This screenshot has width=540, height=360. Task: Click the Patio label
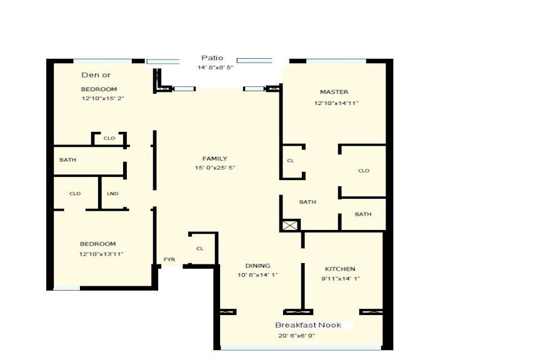[212, 58]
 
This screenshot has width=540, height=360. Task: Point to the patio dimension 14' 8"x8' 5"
[215, 67]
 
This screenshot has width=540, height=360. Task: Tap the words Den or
[96, 75]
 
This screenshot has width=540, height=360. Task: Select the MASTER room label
[334, 92]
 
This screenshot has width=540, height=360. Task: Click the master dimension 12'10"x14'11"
[336, 103]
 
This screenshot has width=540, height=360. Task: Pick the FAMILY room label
[214, 159]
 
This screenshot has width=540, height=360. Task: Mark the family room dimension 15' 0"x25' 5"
[215, 168]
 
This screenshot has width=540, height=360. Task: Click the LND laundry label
[112, 194]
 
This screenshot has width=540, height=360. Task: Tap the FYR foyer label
[169, 259]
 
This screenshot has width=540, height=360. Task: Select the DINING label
[257, 266]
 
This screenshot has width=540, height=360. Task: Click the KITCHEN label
[341, 269]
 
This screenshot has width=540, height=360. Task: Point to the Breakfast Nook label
[308, 325]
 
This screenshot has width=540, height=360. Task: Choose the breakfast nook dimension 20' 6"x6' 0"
[297, 336]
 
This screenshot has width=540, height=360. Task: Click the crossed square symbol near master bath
[291, 225]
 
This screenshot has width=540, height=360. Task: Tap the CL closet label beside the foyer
[200, 249]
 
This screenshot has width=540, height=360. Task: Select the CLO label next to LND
[75, 194]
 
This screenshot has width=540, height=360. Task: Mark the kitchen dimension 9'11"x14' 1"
[341, 279]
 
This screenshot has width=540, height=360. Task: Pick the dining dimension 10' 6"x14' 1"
[257, 275]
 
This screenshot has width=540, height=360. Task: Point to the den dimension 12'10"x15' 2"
[102, 99]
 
